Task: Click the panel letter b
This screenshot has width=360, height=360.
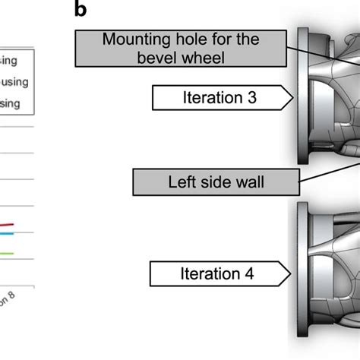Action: [x=81, y=11]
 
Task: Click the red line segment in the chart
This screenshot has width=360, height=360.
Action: [x=7, y=226]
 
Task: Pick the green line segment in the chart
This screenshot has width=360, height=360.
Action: [x=7, y=253]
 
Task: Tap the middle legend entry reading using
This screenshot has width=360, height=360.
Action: [x=14, y=81]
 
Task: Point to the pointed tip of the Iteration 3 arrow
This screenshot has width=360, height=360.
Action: [x=292, y=97]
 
